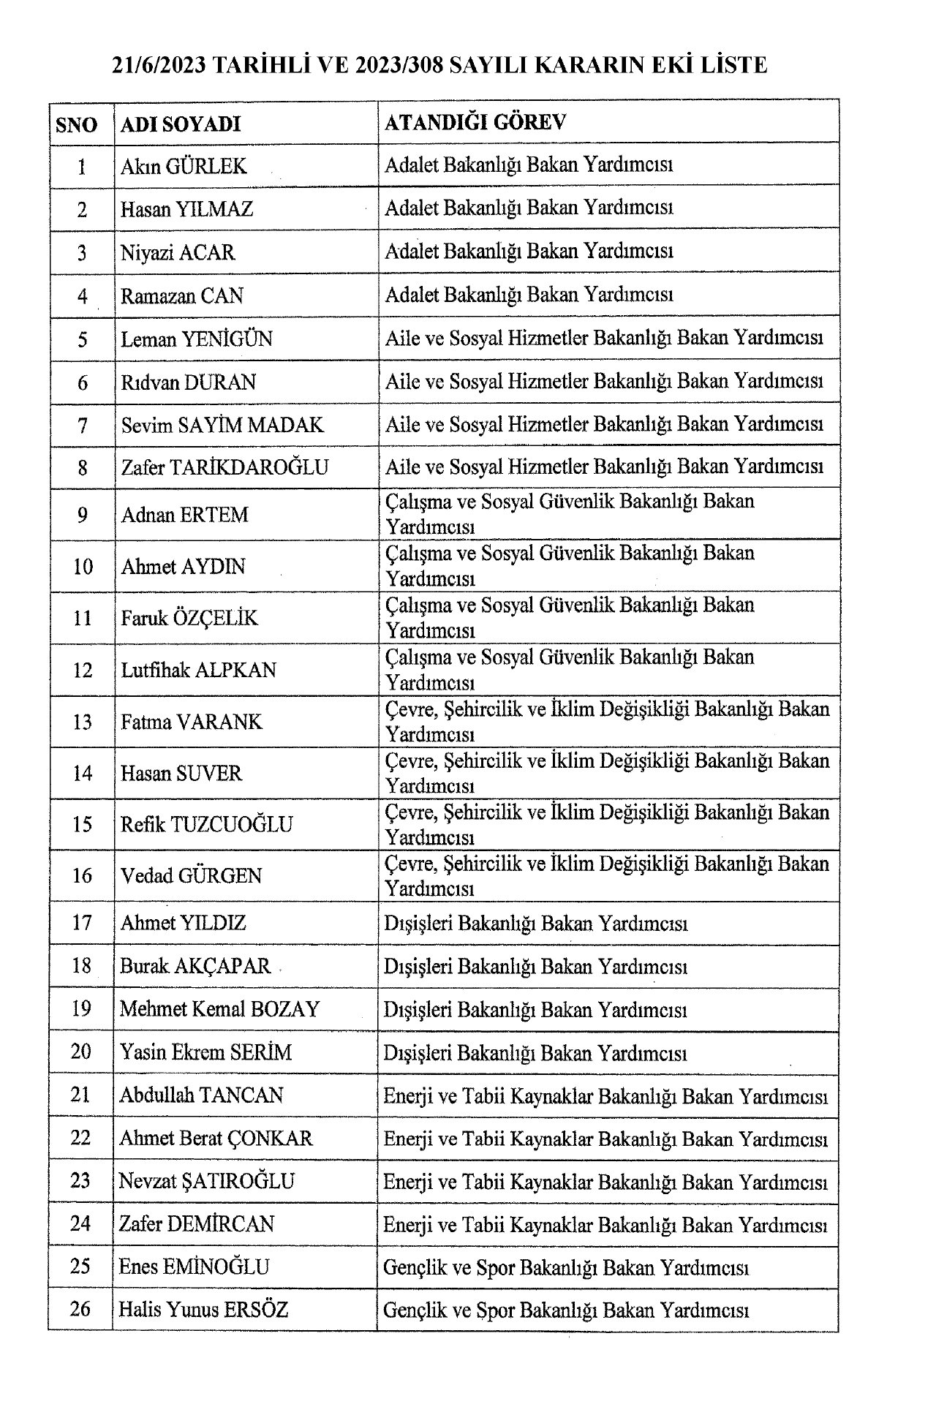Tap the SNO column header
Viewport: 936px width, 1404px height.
[x=77, y=124]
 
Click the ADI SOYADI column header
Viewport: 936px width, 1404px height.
[x=181, y=124]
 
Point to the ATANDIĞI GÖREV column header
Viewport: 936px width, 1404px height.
[x=475, y=122]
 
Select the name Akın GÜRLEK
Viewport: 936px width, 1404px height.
[x=184, y=167]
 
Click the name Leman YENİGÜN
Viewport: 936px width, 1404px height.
[x=197, y=339]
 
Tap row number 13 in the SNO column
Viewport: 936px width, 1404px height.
[x=83, y=722]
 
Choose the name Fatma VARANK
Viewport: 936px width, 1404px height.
[x=192, y=722]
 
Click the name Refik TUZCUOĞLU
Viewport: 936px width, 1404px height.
[x=207, y=825]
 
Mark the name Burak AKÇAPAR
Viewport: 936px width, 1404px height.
[x=195, y=966]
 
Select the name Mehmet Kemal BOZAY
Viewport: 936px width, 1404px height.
[x=220, y=1009]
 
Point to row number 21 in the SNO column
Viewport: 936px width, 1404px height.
[x=81, y=1095]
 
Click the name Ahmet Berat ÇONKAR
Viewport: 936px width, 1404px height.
[x=216, y=1138]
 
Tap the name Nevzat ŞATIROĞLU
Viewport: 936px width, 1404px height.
[x=207, y=1181]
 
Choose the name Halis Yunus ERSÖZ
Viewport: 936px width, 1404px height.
[x=204, y=1309]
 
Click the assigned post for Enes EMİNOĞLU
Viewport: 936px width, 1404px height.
[x=567, y=1267]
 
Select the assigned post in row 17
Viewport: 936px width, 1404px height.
[x=536, y=924]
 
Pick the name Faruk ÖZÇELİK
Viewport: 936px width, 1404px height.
[x=190, y=618]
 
